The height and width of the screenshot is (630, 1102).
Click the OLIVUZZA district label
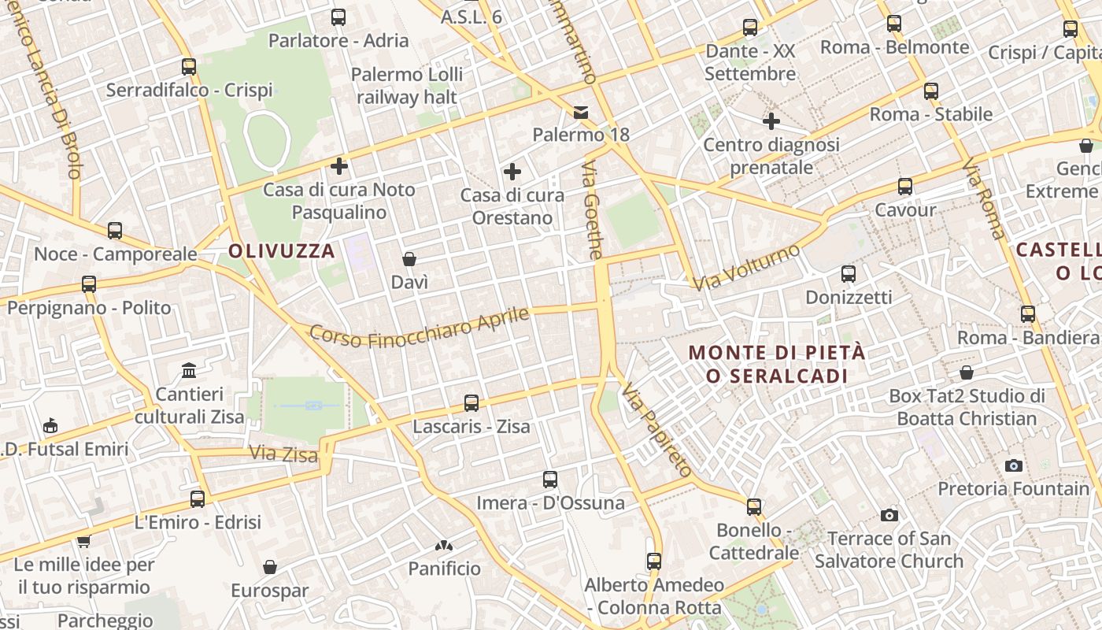[x=282, y=251]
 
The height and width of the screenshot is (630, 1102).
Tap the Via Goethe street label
[x=593, y=210]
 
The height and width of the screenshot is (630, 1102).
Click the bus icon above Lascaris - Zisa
[x=471, y=403]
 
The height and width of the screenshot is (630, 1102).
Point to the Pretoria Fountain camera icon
[x=1014, y=465]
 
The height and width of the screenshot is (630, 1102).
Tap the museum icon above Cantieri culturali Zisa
[x=189, y=370]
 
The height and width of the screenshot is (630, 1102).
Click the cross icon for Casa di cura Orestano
[x=512, y=172]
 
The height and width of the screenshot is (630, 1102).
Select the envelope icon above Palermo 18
[x=581, y=112]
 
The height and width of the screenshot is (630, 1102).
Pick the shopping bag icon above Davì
[x=409, y=258]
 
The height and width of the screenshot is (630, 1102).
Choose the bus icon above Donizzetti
[x=849, y=274]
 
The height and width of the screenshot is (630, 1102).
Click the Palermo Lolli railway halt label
[x=407, y=86]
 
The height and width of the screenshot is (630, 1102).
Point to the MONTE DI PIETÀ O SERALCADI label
[x=777, y=364]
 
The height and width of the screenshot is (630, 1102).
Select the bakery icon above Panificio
[x=444, y=545]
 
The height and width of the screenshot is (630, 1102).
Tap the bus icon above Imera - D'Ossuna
[x=550, y=479]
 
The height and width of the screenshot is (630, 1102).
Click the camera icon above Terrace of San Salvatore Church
[x=889, y=516]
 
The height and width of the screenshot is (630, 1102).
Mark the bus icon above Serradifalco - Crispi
[x=189, y=67]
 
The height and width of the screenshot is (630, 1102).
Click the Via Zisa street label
[x=283, y=454]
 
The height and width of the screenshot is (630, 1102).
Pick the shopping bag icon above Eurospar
[x=270, y=567]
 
